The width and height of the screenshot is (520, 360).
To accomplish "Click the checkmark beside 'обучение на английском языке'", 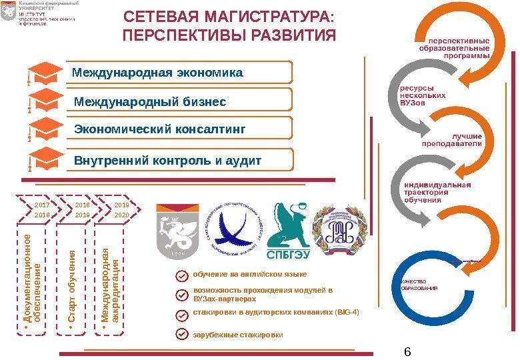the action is click(x=179, y=275).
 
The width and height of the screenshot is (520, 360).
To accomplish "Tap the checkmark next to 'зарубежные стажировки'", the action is click(x=179, y=334).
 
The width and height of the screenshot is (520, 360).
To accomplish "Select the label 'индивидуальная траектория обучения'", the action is click(x=437, y=192).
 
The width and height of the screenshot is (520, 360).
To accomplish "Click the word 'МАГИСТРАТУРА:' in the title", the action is click(x=266, y=15).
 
